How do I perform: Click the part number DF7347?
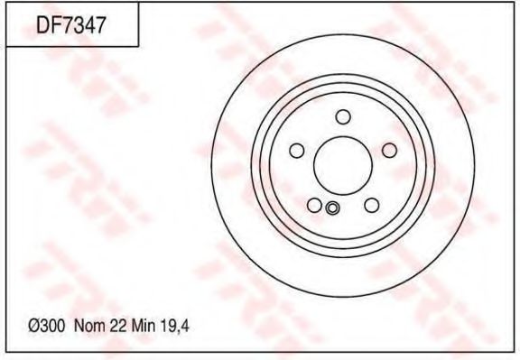71,26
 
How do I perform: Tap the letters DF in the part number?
47,26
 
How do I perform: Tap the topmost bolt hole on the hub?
343,116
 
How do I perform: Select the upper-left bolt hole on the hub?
296,151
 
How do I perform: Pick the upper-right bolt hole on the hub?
389,151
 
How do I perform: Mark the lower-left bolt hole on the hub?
314,205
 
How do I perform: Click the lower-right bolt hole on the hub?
371,205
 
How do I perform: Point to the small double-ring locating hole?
331,209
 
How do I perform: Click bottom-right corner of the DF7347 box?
137,46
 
